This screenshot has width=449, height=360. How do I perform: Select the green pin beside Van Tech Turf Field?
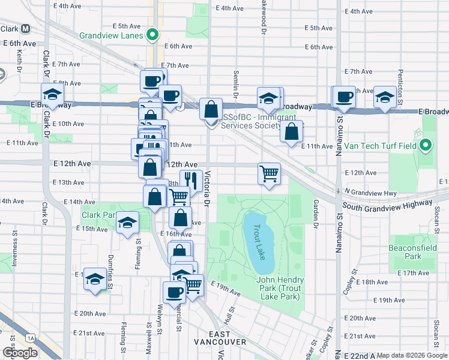(426, 146)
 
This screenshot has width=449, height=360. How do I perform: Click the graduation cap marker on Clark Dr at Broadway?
(52, 95)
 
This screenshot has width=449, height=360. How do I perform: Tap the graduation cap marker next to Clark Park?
(127, 223)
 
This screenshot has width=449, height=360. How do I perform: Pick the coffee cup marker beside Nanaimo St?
(344, 97)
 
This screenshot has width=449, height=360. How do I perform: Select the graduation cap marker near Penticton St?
(384, 97)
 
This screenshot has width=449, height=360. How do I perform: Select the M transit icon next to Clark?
(26, 28)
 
